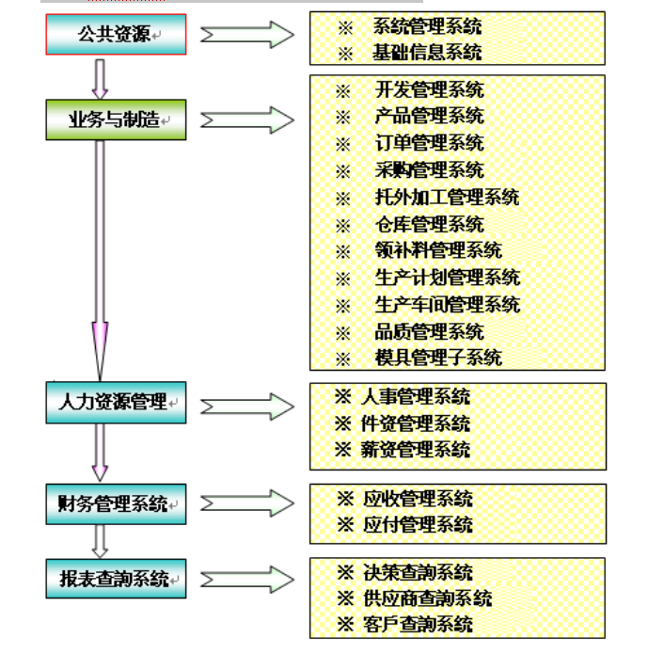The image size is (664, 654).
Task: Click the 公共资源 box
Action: coord(116,35)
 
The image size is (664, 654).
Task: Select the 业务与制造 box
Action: coord(116,120)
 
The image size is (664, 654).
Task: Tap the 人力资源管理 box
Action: coord(116,403)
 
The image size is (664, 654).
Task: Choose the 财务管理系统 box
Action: coord(116,503)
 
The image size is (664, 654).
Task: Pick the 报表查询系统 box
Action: coord(116,578)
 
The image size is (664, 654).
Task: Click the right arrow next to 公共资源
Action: coord(247,35)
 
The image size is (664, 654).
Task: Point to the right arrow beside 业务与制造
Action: coord(247,120)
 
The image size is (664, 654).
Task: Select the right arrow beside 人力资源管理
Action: coord(247,407)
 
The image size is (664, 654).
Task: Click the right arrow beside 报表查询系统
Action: coord(247,578)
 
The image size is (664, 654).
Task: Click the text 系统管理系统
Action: coord(427,27)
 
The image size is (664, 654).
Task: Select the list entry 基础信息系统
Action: coord(427,52)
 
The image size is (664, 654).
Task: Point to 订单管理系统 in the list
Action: coord(429,143)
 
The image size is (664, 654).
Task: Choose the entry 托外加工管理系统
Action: coord(447,198)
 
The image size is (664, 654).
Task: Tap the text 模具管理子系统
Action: coord(438,358)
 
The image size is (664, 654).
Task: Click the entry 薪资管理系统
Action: coord(416,450)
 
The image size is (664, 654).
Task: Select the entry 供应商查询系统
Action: coord(427,598)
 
